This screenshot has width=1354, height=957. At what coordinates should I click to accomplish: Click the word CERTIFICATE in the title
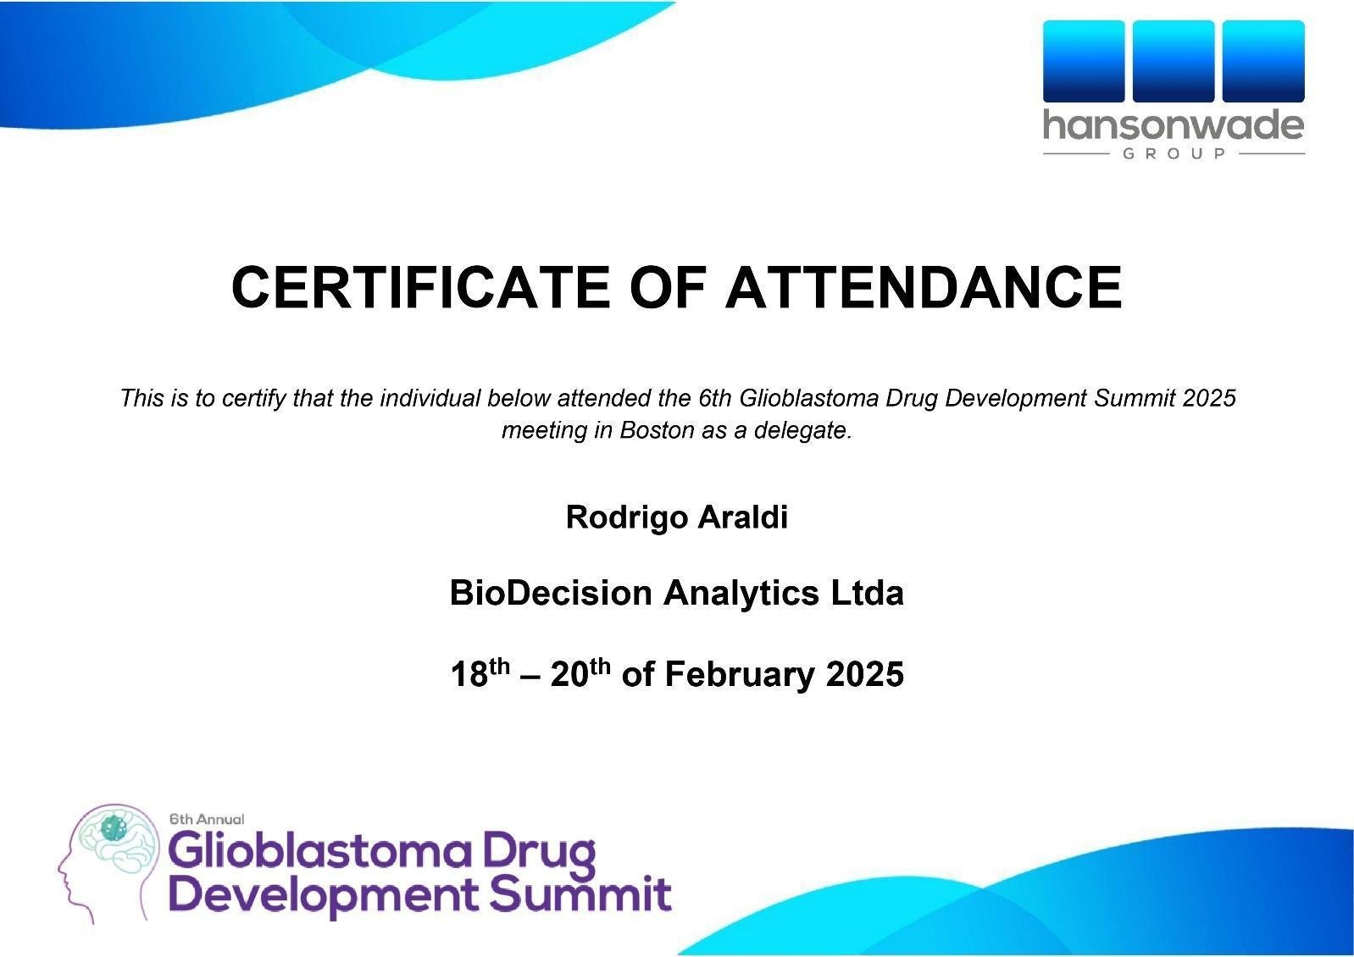coord(421,287)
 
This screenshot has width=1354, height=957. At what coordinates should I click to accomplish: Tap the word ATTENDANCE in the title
coord(924,287)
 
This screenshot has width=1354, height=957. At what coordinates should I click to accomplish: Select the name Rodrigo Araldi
coord(676,517)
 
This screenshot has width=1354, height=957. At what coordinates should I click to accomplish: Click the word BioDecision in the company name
coord(551,593)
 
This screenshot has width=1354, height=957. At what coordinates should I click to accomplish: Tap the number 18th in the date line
coord(480,672)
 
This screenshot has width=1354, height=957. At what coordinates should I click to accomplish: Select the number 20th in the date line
coord(580,672)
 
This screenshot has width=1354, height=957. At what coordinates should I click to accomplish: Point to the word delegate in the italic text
coord(802,431)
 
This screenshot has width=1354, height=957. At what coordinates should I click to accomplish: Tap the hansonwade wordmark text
coord(1174,125)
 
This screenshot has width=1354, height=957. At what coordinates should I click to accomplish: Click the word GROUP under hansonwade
coord(1174,153)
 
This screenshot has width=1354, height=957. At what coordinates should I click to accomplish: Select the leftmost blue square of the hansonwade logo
coord(1084,61)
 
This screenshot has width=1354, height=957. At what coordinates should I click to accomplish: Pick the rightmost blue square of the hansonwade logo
coord(1263,61)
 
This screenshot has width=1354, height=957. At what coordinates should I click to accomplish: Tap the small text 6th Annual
coord(207,819)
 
